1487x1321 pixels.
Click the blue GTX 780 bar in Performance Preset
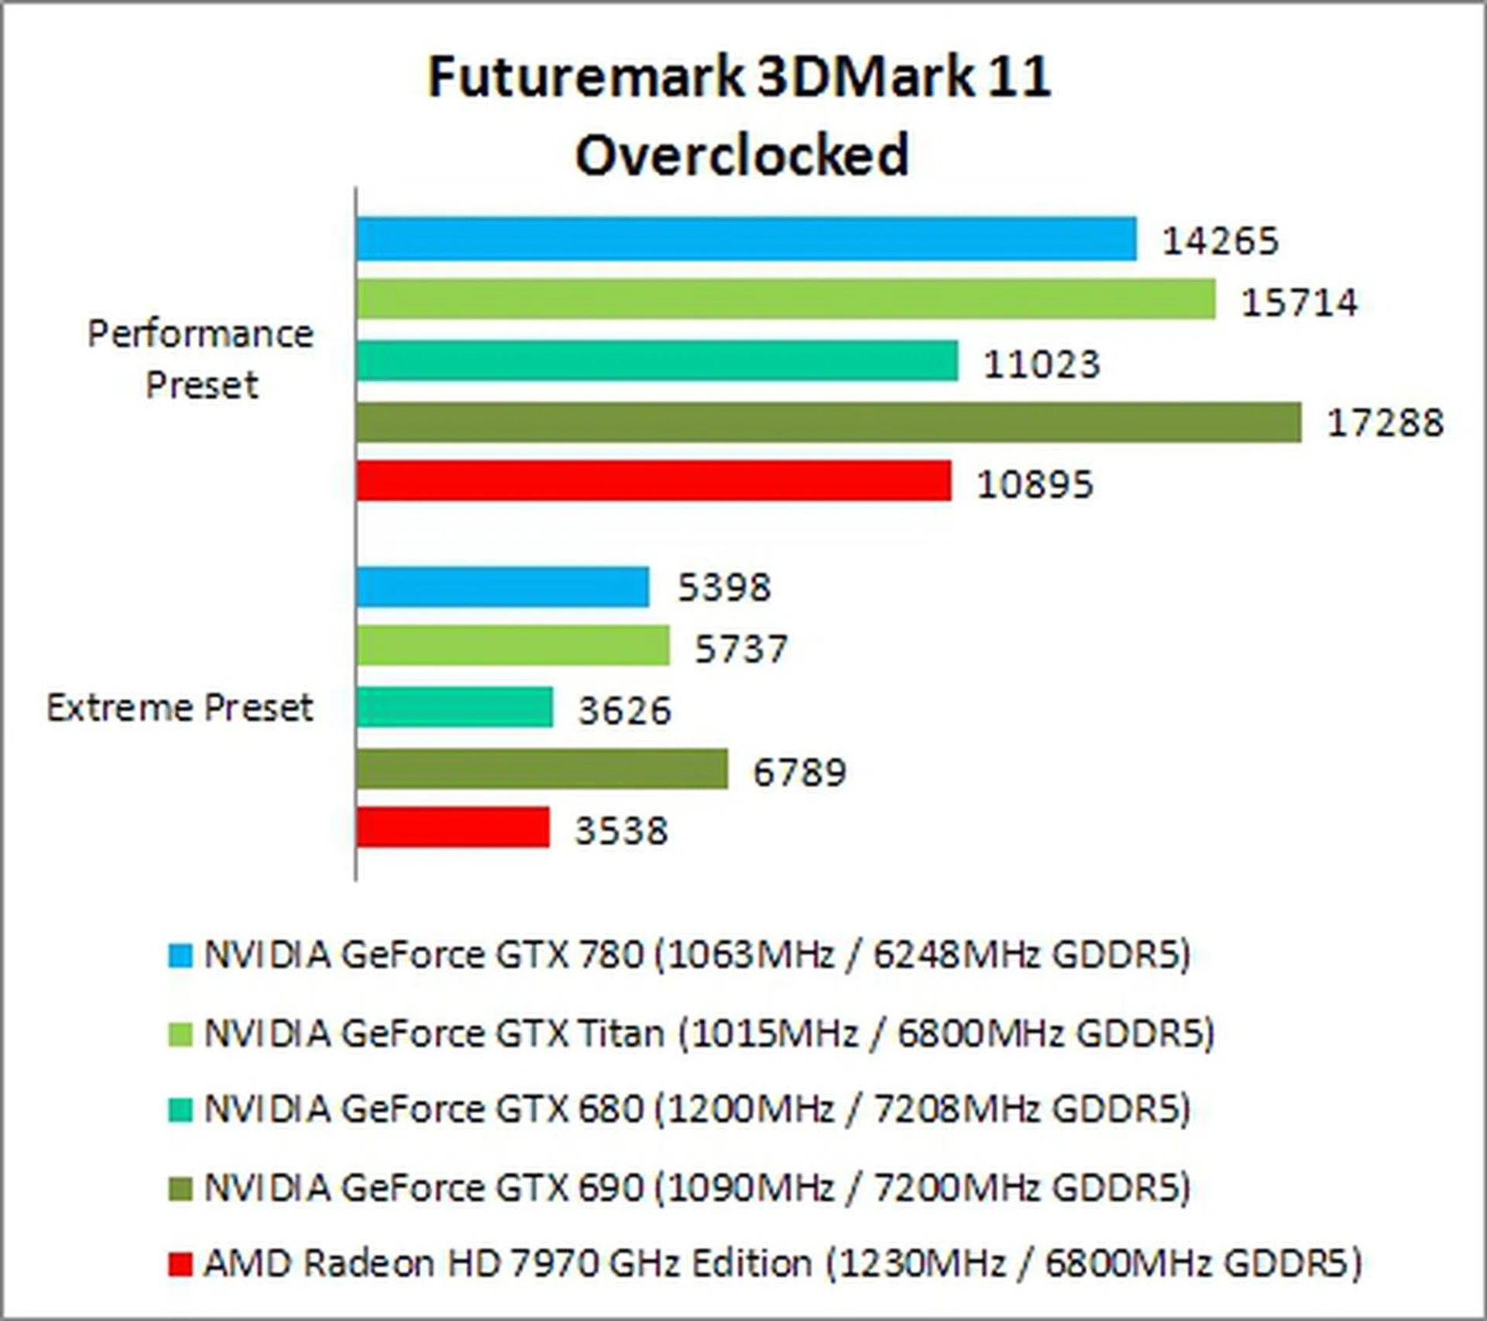(747, 238)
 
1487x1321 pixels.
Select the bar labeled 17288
(829, 422)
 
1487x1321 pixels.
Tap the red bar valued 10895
(654, 481)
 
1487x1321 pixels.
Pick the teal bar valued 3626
(455, 707)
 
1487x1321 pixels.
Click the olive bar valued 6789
(542, 768)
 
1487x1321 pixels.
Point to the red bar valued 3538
(453, 827)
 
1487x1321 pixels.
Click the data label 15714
(1299, 302)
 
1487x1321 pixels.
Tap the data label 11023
(1041, 364)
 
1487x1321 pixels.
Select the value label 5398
(724, 588)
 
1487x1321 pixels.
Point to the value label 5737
(741, 649)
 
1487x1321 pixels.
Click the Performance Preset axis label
(201, 359)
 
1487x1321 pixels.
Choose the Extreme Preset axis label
(180, 708)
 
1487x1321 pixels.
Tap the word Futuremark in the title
(585, 77)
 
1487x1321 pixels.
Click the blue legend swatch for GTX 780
(180, 956)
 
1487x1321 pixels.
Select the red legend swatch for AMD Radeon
(180, 1264)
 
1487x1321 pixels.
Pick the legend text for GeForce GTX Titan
(709, 1033)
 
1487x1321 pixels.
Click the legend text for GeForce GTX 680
(697, 1109)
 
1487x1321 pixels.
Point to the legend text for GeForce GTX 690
(697, 1187)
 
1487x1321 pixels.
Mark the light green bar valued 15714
(786, 299)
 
